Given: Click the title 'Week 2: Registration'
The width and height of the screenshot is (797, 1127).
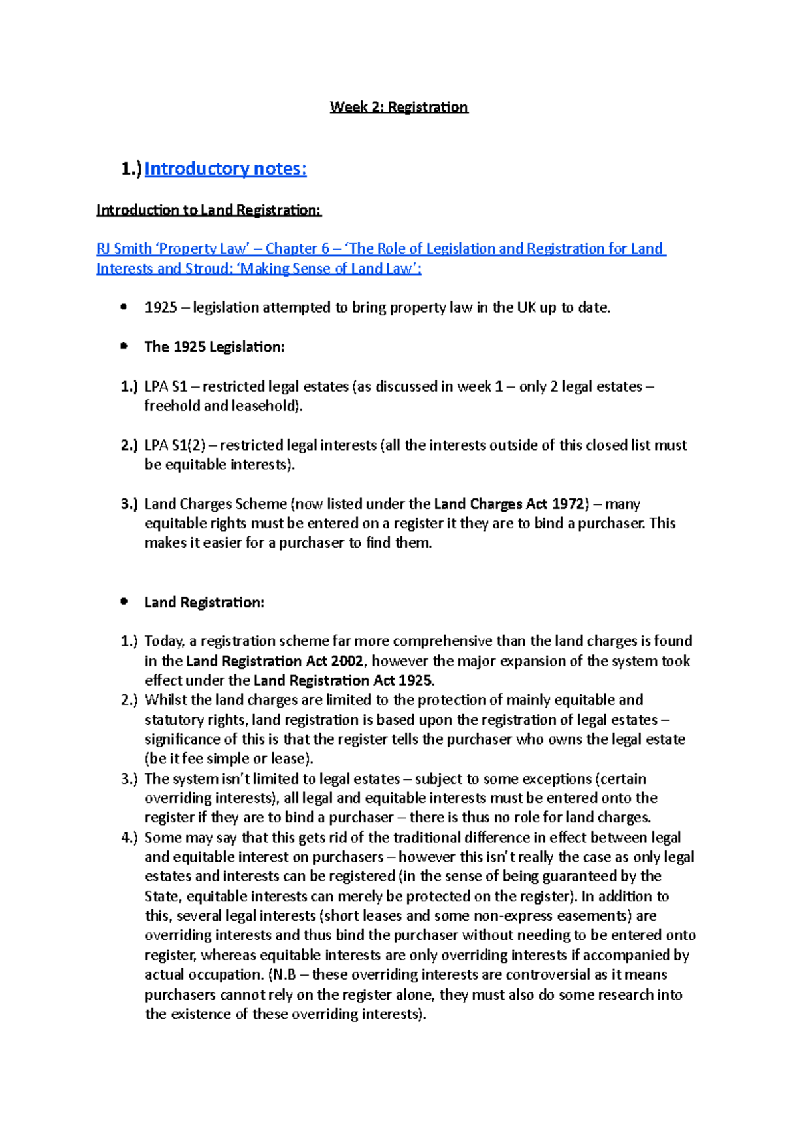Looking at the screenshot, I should (398, 107).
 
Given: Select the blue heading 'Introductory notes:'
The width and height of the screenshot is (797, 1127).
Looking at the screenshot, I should (225, 169).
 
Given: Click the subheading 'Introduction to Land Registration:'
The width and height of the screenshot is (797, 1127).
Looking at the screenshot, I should (209, 210).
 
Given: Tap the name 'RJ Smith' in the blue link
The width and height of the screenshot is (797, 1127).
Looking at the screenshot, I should (124, 249).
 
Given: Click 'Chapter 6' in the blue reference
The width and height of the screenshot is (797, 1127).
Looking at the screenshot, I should (297, 249).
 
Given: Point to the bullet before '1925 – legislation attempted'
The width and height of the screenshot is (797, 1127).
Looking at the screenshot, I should (124, 307).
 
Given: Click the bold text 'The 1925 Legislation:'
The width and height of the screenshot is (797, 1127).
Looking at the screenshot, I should (214, 347).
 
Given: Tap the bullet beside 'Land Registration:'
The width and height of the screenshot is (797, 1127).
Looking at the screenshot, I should (124, 602).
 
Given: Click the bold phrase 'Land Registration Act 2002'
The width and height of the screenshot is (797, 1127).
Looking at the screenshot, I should (274, 661).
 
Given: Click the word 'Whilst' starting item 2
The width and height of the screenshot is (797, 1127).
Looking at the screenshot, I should (165, 700).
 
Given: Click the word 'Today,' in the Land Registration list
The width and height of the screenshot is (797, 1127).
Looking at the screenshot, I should (164, 641).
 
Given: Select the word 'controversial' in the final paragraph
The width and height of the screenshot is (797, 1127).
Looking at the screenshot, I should (547, 975).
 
